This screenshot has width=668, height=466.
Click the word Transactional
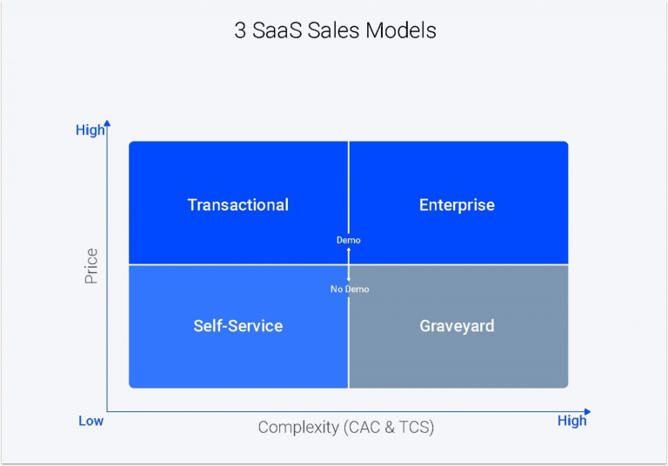237,205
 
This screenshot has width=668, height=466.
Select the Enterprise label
457,205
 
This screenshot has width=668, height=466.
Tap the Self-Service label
237,326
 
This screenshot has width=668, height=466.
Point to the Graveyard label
457,326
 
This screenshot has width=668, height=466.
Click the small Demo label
349,240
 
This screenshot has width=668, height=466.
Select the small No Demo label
350,289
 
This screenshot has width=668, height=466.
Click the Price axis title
91,266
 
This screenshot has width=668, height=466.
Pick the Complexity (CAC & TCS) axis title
345,427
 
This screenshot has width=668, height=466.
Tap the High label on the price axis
90,130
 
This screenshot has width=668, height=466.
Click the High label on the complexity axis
571,421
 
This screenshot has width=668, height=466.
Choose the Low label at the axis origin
90,421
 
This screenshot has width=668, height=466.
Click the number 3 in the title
241,31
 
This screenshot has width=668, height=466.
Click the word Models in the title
400,31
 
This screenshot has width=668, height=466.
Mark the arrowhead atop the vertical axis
107,123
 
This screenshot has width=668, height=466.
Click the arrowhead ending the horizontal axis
587,411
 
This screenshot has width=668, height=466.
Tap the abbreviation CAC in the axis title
362,427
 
